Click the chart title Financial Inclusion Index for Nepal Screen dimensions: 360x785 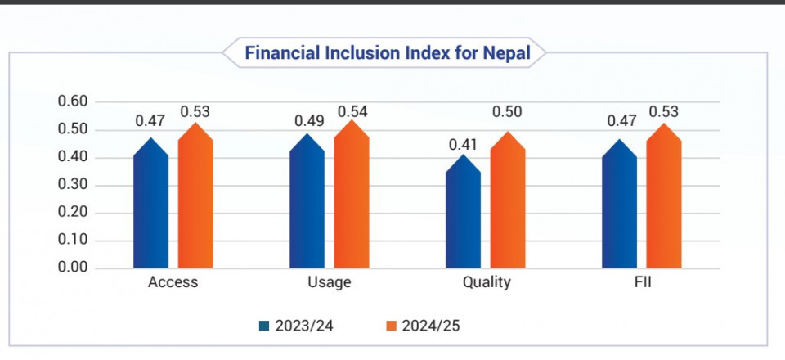[388, 54]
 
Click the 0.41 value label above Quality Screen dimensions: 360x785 [463, 144]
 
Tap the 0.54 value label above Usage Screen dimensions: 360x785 [352, 110]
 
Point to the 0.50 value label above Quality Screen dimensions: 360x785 [508, 112]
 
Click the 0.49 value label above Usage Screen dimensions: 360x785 [307, 121]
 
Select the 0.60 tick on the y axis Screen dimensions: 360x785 [73, 102]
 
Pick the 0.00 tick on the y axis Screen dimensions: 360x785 [73, 268]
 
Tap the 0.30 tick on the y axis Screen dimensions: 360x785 [73, 186]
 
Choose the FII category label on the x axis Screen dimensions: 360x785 [642, 283]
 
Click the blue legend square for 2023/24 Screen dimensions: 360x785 [263, 326]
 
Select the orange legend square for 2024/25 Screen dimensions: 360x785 [391, 326]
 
